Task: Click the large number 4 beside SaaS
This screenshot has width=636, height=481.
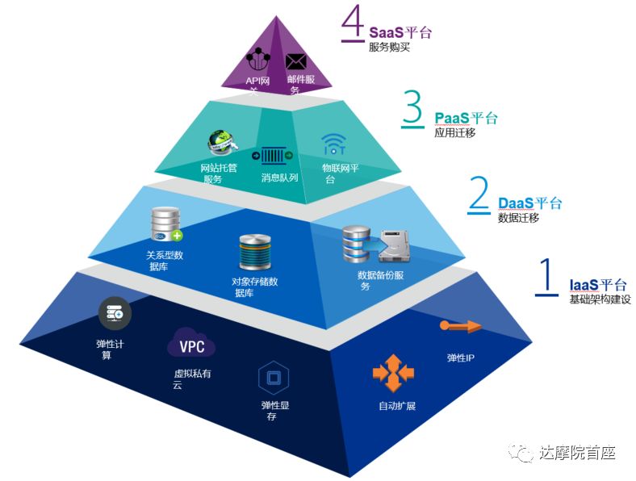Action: coord(353,24)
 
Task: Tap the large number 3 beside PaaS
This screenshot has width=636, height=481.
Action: coord(412,111)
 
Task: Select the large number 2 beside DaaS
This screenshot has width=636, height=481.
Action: coord(479,195)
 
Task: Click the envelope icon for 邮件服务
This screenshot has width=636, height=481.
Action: coord(296,61)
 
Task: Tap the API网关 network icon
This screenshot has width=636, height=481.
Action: coord(259,60)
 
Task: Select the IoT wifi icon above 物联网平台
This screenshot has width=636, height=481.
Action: coord(333,145)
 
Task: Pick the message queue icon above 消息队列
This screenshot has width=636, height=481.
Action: coord(272,154)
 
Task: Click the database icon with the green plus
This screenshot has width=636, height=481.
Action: coord(166,225)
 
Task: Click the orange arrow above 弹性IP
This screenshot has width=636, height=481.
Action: coord(460,326)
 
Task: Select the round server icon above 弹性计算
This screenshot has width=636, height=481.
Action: coord(111,314)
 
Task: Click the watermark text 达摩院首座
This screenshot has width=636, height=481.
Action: coord(578,453)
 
